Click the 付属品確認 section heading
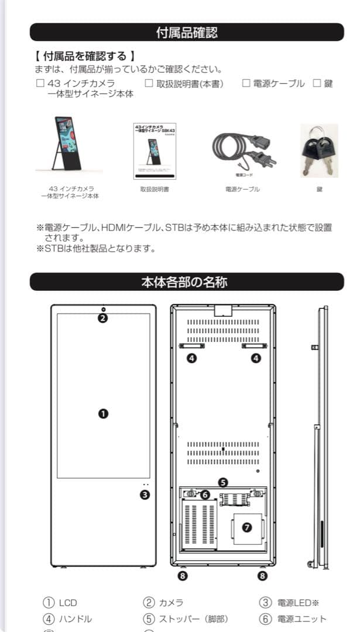[x=187, y=32]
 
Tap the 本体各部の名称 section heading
[x=187, y=282]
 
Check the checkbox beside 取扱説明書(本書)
[x=149, y=84]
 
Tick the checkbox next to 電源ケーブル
[x=246, y=84]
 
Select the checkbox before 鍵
[x=317, y=84]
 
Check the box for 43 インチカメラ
[x=40, y=84]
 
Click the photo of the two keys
[x=319, y=150]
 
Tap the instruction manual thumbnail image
[x=155, y=150]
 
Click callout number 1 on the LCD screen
[x=103, y=413]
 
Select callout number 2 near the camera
[x=103, y=318]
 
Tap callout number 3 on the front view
[x=145, y=494]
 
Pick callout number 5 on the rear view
[x=223, y=483]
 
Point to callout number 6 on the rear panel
[x=205, y=494]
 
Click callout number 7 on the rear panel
[x=246, y=527]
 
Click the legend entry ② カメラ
[x=164, y=603]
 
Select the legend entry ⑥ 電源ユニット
[x=293, y=619]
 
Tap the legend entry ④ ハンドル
[x=67, y=619]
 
